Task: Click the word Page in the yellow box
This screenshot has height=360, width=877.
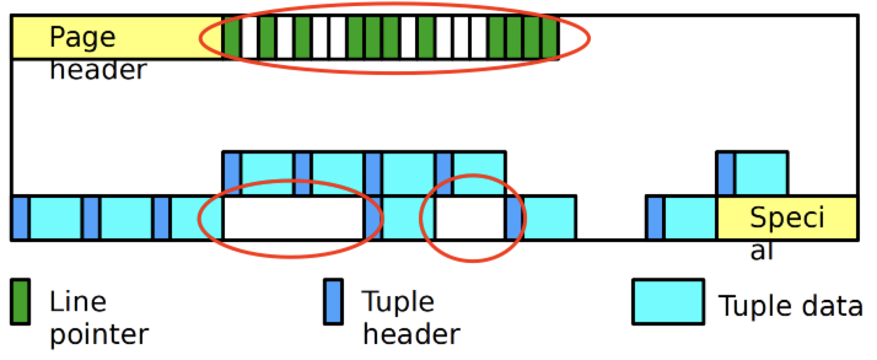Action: coord(82,38)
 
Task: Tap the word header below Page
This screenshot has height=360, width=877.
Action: coord(98,70)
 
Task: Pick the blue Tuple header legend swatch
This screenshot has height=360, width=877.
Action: coord(333,301)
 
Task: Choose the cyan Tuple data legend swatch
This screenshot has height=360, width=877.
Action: coord(668,301)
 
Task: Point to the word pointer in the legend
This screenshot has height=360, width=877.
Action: coord(99,334)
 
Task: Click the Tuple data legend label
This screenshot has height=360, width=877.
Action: coord(790,305)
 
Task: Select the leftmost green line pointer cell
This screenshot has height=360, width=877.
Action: coord(232,38)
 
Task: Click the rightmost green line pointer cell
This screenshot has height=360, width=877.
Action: coord(550,38)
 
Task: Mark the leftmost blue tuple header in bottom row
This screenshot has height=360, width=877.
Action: coord(20,218)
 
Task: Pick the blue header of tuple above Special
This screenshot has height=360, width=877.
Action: coord(725,173)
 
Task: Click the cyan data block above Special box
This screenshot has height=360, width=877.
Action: coord(761,173)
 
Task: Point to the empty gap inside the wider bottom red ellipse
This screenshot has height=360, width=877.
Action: coord(294,218)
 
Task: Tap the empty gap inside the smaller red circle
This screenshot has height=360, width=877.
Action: coord(470,218)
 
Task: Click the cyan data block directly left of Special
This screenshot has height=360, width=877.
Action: coord(690,218)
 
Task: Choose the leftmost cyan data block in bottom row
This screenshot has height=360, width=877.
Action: coord(55,218)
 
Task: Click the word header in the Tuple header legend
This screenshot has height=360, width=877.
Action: coord(410,334)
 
